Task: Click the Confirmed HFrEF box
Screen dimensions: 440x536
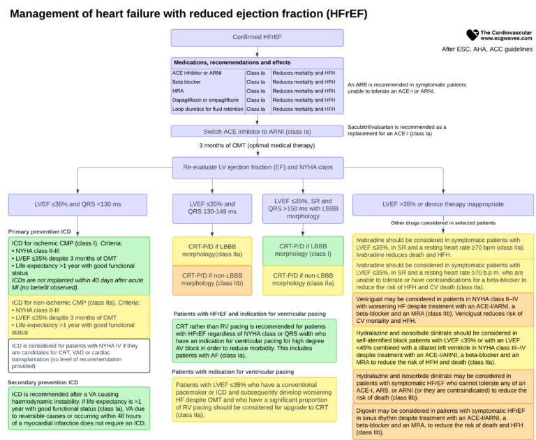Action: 257,37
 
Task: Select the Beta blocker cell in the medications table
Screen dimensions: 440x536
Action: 207,81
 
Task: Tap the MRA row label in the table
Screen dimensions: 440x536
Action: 207,91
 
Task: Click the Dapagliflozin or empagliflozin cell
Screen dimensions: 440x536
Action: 207,100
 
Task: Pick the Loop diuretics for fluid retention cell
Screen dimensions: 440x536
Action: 207,109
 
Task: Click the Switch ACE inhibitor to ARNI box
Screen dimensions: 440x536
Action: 257,131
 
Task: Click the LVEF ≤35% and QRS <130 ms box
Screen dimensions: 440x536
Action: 77,204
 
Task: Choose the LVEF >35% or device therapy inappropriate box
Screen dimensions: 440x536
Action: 443,204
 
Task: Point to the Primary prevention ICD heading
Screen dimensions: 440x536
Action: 40,231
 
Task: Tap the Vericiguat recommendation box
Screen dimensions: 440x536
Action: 443,308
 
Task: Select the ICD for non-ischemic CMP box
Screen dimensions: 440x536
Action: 77,314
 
